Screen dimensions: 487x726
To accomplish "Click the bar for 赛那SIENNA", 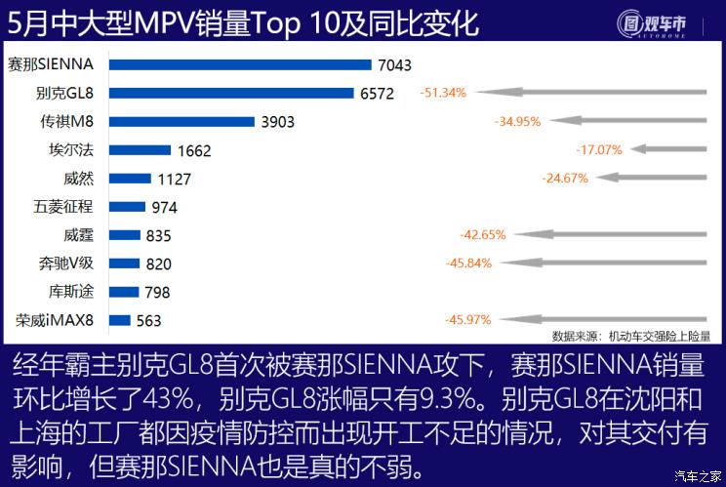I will [240, 65].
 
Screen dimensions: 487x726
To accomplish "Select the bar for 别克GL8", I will [230, 94].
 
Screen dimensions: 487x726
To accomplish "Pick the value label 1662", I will [195, 151].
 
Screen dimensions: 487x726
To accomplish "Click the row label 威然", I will [78, 179].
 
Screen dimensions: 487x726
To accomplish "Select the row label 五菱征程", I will [63, 207].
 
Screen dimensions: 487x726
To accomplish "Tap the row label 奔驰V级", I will [65, 264].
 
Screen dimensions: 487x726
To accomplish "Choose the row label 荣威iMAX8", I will [55, 320].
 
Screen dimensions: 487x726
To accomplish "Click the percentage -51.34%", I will [444, 94].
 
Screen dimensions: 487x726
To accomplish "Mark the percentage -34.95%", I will [518, 122].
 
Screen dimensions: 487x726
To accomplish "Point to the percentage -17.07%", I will [599, 150].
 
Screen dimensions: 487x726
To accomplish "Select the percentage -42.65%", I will [482, 235].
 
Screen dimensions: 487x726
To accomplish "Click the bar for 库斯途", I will [120, 292].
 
